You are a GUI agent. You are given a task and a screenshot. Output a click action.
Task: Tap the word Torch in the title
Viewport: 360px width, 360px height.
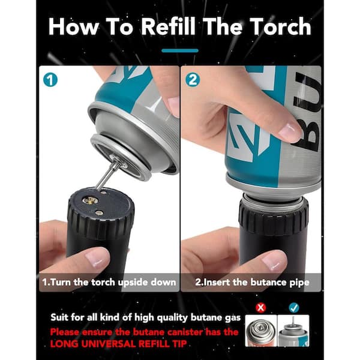280,26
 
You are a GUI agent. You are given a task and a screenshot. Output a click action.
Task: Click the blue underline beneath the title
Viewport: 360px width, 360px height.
180,50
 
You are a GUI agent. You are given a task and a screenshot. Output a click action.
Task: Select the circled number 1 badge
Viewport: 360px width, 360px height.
50,80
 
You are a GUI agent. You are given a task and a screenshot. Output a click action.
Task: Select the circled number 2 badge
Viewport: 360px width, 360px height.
193,80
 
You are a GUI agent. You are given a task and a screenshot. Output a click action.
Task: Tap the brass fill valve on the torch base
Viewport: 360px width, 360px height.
90,201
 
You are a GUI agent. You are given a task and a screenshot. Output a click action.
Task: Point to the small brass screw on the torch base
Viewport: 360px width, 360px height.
99,213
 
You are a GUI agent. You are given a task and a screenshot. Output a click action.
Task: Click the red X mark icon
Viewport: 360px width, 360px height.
260,307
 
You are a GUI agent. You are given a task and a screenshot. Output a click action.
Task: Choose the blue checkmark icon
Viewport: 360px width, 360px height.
294,307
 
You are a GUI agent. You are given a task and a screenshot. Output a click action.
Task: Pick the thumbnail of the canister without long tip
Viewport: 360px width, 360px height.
261,331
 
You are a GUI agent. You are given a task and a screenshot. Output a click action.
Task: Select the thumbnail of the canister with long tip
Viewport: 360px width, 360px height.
293,331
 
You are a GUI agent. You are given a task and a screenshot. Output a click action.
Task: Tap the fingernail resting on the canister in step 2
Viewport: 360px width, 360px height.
290,131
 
